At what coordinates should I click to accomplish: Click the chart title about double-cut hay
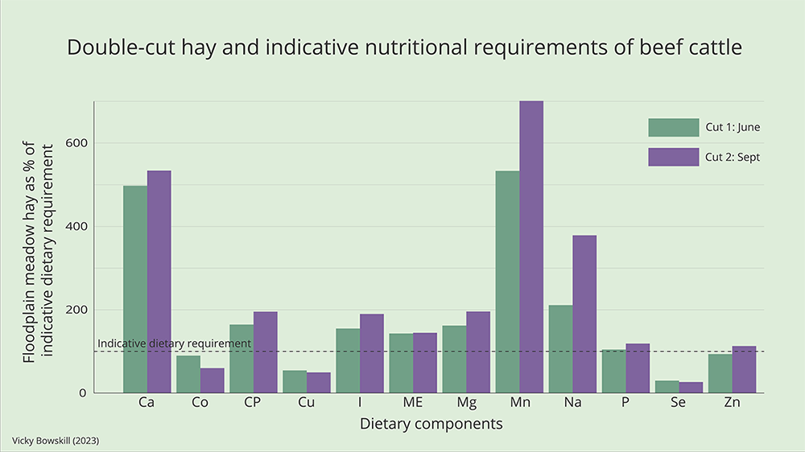click(x=403, y=47)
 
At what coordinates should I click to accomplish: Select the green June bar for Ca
click(x=135, y=290)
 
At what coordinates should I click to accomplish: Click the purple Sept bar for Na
click(x=584, y=314)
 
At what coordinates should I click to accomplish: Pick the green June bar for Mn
click(x=507, y=281)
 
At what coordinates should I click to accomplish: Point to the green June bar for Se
click(x=667, y=387)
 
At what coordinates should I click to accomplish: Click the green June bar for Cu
click(x=295, y=382)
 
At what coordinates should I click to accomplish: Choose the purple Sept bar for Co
click(x=213, y=380)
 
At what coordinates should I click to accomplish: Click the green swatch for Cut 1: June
click(x=673, y=127)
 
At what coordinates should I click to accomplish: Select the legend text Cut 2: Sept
click(x=732, y=158)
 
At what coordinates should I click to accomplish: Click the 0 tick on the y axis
click(x=83, y=393)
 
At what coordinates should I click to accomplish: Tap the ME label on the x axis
click(x=413, y=403)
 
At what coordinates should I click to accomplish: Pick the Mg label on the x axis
click(x=466, y=403)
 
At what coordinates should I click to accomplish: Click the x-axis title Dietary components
click(x=431, y=424)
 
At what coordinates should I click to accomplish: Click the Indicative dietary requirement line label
click(x=174, y=343)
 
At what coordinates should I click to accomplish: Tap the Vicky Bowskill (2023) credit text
click(x=56, y=442)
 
